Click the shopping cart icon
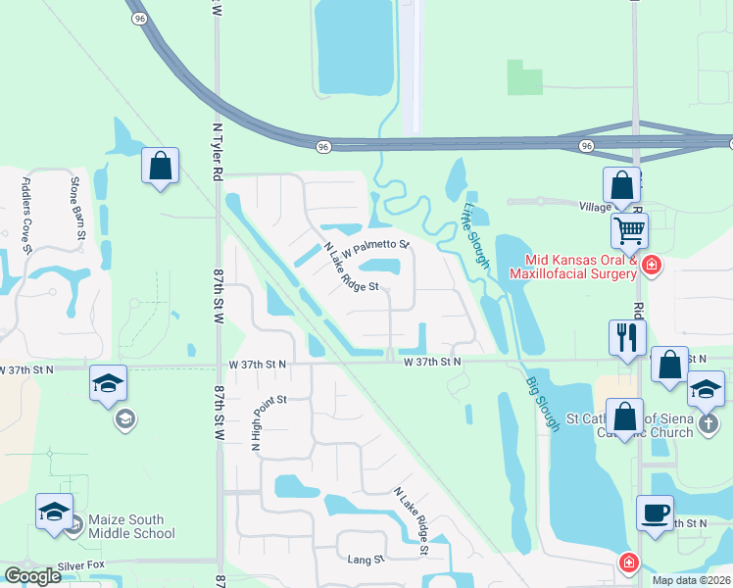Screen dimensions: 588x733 pos(629,231)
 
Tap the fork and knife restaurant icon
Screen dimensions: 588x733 pos(627,338)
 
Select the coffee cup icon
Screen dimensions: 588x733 pos(655,513)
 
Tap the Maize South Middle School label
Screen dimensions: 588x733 pos(129,526)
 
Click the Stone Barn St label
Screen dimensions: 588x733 pos(77,211)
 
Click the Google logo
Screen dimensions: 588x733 pos(32,576)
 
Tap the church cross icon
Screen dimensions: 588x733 pos(710,424)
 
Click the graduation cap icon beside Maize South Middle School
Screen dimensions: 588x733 pos(55,512)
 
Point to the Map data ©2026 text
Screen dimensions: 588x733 pos(692,580)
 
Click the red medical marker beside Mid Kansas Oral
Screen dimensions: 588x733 pos(652,266)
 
